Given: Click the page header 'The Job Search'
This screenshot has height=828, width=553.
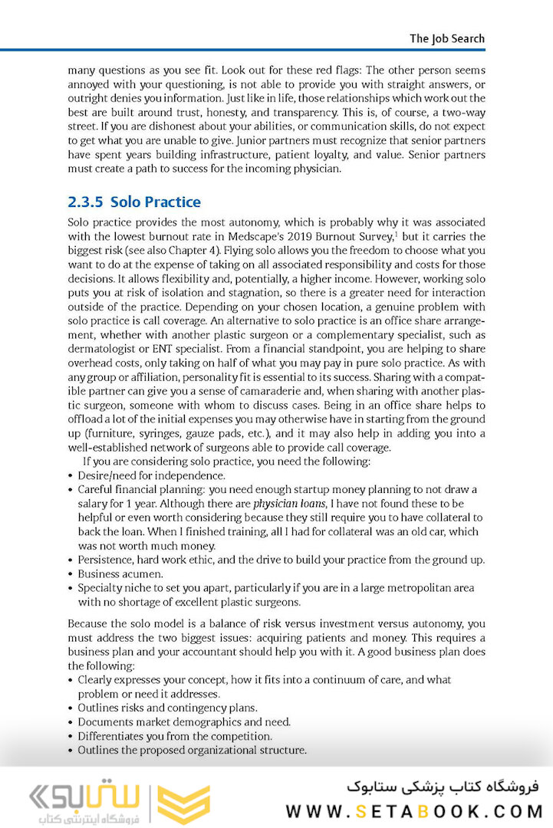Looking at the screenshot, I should (x=446, y=38).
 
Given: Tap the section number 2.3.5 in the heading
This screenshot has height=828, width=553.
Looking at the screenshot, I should (x=85, y=202).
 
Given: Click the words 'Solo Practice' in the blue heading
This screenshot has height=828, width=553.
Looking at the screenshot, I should (x=156, y=202).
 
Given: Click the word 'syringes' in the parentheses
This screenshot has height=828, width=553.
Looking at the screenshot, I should (x=160, y=433).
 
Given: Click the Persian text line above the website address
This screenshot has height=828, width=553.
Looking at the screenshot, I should (x=443, y=787).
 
